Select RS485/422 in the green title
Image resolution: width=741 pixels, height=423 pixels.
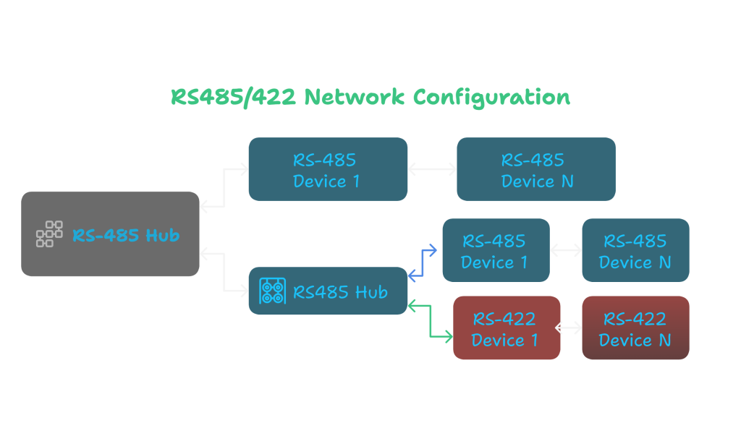[233, 97]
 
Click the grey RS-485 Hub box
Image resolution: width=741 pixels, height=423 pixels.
[110, 234]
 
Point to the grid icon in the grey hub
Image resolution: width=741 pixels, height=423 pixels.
[49, 234]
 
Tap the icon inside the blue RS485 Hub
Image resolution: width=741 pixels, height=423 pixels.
[272, 291]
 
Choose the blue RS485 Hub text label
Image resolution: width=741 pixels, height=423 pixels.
[340, 292]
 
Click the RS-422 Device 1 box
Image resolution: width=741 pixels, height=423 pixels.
[507, 328]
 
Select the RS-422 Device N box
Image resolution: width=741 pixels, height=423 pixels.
[635, 328]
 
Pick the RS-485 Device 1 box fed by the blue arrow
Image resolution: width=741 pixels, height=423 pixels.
[496, 250]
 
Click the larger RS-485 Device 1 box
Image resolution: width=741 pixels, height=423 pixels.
[327, 169]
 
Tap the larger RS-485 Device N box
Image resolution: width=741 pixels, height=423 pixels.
[535, 169]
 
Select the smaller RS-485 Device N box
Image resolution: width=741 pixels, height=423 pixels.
[635, 250]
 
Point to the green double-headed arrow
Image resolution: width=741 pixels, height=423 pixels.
[431, 321]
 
